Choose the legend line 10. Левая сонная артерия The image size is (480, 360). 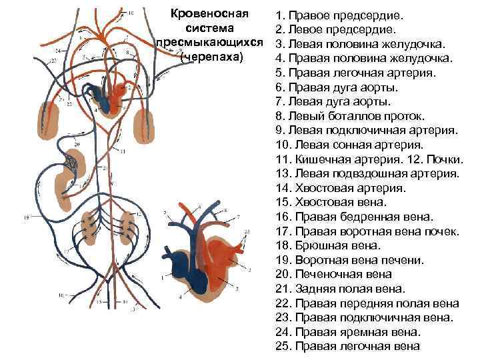click(x=358, y=144)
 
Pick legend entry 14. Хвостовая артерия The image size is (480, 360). click(x=349, y=187)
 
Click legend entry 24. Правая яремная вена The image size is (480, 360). click(x=357, y=332)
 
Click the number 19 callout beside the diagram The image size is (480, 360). click(x=27, y=217)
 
